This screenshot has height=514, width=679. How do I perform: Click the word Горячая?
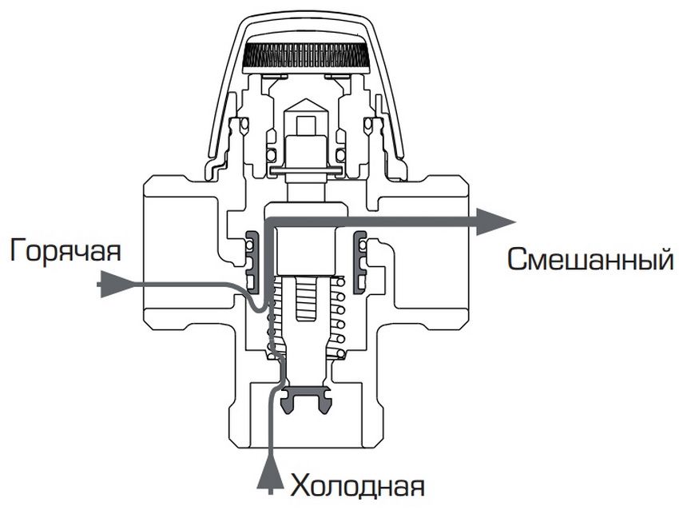[66, 251]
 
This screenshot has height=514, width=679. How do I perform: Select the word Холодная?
[357, 485]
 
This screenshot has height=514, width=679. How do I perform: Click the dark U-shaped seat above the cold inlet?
[308, 396]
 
